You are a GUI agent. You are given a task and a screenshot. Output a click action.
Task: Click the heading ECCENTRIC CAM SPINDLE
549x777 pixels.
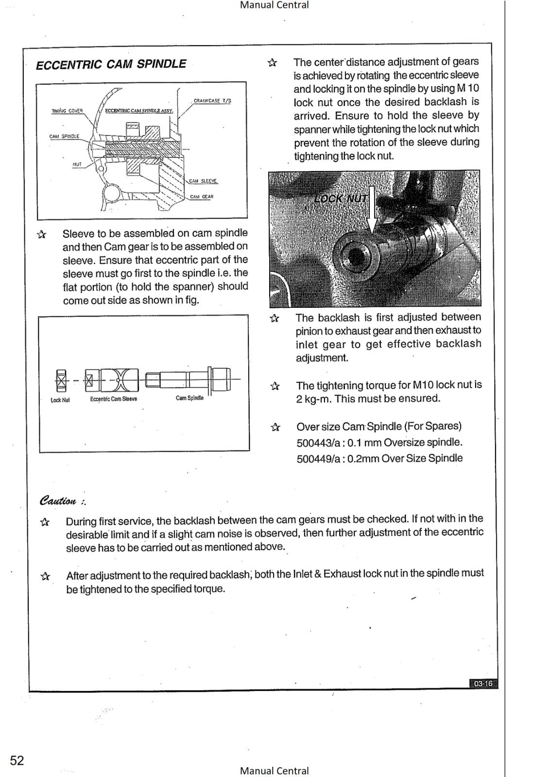coord(111,65)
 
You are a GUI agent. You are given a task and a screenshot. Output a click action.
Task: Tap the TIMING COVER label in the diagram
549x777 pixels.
coord(67,111)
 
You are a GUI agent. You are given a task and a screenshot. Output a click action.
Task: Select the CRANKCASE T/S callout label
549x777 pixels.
coord(212,101)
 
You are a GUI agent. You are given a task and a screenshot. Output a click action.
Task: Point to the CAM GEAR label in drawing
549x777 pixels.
coord(202,197)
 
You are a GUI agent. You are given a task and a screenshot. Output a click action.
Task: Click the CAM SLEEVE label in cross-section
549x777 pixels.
coord(203,181)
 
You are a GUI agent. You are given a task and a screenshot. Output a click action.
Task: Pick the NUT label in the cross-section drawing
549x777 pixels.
coord(77,164)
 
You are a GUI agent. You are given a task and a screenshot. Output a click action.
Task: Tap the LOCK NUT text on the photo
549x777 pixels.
coord(341,199)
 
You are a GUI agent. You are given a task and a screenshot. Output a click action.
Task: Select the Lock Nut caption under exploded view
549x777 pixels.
coord(60,400)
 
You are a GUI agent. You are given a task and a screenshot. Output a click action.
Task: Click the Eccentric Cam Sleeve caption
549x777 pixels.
coord(113,399)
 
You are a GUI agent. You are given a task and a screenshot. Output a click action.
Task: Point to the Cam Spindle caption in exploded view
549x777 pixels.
coord(189,398)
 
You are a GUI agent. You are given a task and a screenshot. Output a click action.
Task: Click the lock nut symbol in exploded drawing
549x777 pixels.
coord(61,380)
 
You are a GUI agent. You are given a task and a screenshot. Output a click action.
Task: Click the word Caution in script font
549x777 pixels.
coord(58,501)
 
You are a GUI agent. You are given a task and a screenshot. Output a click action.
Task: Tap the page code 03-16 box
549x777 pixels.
coord(483,684)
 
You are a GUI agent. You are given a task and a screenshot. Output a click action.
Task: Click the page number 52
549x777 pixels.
coord(17,760)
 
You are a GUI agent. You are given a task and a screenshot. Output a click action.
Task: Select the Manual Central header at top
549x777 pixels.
coord(274,5)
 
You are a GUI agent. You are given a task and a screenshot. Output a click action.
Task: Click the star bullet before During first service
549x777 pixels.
coord(45,523)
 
